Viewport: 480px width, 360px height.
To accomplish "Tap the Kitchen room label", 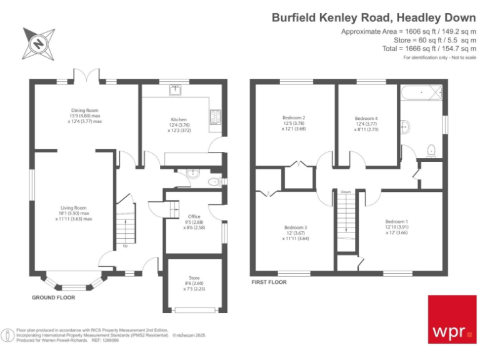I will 179,119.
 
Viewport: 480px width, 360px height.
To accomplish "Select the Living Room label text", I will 73,207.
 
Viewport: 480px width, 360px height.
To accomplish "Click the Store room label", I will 194,278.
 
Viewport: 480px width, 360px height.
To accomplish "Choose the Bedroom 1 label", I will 396,222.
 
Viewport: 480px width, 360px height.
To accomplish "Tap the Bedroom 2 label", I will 294,117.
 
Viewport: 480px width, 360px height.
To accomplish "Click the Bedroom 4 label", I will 366,118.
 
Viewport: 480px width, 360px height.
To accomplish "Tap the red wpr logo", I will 451,319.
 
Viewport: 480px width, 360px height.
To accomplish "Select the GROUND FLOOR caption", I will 54,297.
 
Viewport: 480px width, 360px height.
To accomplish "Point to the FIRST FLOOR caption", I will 269,282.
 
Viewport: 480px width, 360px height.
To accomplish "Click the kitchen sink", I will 176,91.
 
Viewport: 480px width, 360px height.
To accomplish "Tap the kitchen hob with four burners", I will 216,116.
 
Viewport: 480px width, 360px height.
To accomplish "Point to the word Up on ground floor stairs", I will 125,246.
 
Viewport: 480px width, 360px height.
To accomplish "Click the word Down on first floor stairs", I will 346,192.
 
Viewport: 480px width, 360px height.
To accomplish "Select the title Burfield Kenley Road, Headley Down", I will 373,17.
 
